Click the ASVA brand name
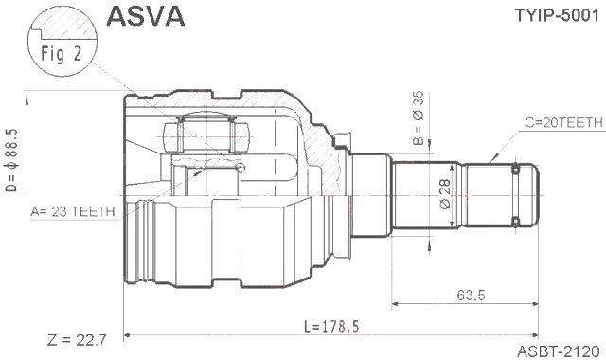click(145, 16)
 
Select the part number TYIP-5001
click(557, 15)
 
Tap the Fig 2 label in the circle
click(61, 53)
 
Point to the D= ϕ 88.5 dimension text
click(12, 160)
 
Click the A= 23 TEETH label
click(73, 211)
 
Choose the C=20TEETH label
click(563, 122)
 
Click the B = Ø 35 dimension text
click(419, 117)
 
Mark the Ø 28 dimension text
click(445, 193)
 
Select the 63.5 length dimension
click(471, 295)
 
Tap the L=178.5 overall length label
click(331, 326)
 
